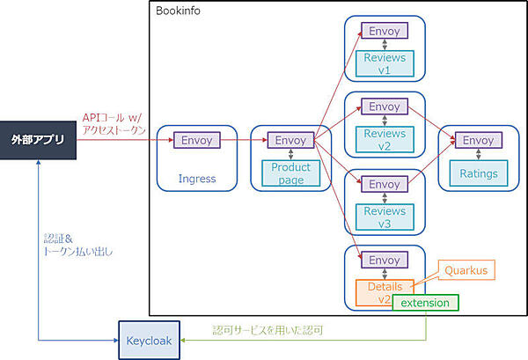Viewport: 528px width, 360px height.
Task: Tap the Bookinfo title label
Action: click(x=180, y=11)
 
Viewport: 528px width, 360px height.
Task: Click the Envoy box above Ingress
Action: click(x=196, y=140)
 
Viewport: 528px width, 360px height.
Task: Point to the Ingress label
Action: click(x=196, y=179)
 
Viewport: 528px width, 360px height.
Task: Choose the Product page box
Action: click(x=291, y=173)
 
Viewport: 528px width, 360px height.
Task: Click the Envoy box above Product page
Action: click(x=291, y=140)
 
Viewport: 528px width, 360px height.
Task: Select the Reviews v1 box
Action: click(x=385, y=64)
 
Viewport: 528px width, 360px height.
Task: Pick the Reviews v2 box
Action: click(x=385, y=140)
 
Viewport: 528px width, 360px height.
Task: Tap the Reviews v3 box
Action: click(x=385, y=217)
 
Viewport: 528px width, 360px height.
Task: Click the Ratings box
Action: click(x=479, y=173)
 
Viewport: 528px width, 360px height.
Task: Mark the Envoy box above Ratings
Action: click(x=479, y=140)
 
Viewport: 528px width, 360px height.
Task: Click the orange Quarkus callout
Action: click(x=465, y=269)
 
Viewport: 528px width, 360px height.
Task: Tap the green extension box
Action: click(x=426, y=303)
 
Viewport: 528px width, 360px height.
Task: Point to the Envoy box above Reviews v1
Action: click(x=385, y=31)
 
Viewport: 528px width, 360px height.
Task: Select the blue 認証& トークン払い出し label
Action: click(x=77, y=245)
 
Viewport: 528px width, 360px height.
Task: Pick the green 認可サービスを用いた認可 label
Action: click(x=268, y=330)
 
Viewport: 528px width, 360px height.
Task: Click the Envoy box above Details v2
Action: click(x=385, y=261)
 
